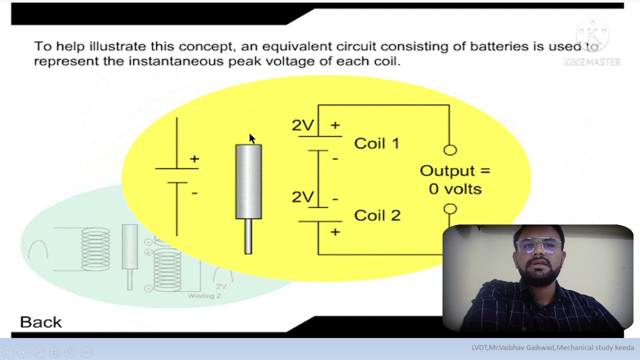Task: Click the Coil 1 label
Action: click(x=376, y=143)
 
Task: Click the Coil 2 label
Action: click(x=377, y=215)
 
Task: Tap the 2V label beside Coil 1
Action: click(x=303, y=125)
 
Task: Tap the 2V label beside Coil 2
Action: click(x=303, y=197)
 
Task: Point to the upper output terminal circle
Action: click(x=450, y=150)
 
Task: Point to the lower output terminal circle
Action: click(x=450, y=209)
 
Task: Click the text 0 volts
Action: click(x=455, y=189)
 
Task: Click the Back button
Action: click(x=41, y=322)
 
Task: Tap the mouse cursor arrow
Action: click(x=251, y=138)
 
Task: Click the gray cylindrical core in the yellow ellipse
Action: click(x=248, y=181)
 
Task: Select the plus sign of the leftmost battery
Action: click(x=194, y=159)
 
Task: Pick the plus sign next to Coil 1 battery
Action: click(x=335, y=125)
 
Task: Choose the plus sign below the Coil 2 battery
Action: click(x=335, y=231)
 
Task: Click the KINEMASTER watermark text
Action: click(x=592, y=62)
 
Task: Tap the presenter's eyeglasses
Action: click(x=539, y=245)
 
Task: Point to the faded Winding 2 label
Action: click(x=204, y=296)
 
